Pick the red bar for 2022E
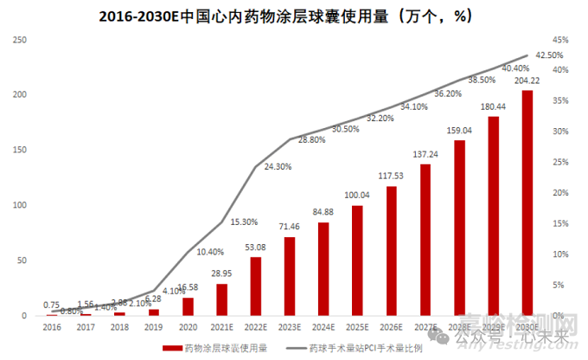(x=255, y=286)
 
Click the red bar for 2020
(x=188, y=306)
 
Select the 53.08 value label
(x=255, y=247)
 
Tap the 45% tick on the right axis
(x=560, y=40)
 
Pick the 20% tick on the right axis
(x=560, y=193)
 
